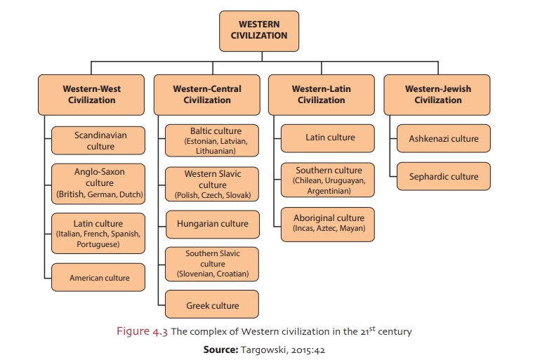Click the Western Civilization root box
[x=258, y=30]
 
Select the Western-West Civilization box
[x=91, y=95]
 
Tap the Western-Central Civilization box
[x=207, y=95]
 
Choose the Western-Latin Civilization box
[x=321, y=95]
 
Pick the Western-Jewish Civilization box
[x=437, y=95]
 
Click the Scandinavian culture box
[x=100, y=140]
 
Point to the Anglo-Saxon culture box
[x=100, y=183]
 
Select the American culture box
[x=100, y=278]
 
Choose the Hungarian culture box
[x=212, y=224]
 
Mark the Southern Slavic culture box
[x=212, y=263]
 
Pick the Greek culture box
[x=212, y=305]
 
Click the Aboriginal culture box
[x=329, y=223]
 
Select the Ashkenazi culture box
[x=443, y=139]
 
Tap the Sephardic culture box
[x=443, y=177]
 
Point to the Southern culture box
[x=329, y=180]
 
